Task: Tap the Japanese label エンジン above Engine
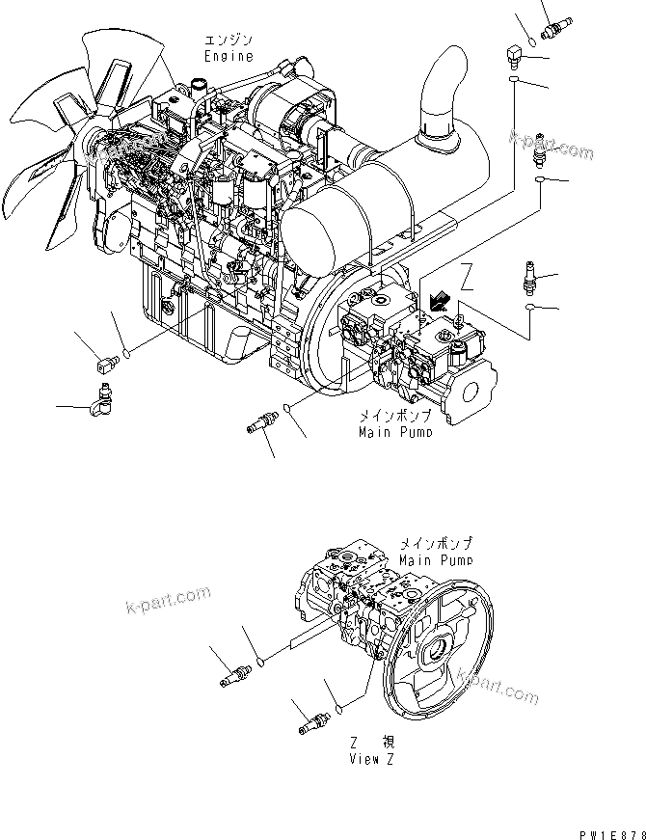click(227, 41)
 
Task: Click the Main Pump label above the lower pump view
click(435, 559)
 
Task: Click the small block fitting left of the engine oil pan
click(105, 364)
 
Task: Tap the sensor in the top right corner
click(557, 22)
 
